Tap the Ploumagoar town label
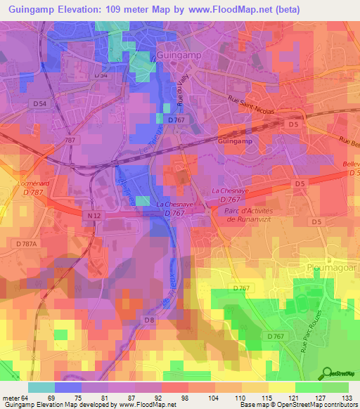pyautogui.click(x=333, y=268)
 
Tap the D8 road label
pyautogui.click(x=149, y=320)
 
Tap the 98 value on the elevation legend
pyautogui.click(x=184, y=397)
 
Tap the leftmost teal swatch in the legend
pyautogui.click(x=41, y=387)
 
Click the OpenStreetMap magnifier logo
pyautogui.click(x=326, y=372)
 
